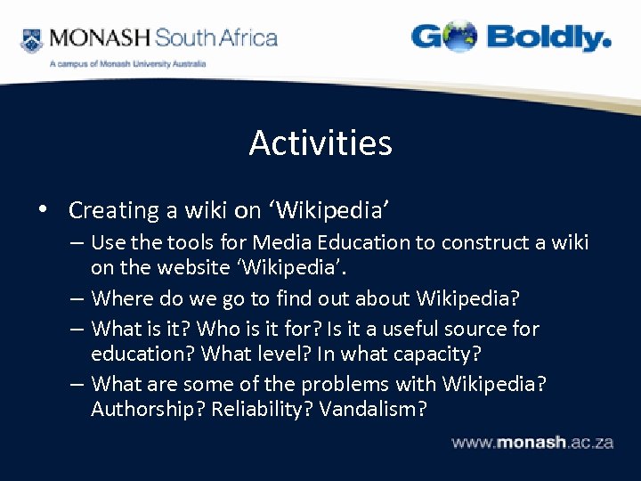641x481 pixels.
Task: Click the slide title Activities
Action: (320, 143)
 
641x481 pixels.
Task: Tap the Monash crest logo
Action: (32, 40)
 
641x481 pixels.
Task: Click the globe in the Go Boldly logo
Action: (458, 37)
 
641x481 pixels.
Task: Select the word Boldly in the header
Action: (548, 38)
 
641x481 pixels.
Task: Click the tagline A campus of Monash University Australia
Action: (127, 64)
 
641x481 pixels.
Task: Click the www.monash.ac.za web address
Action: (531, 442)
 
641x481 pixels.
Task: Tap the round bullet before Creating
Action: (42, 210)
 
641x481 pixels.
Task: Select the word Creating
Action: (113, 210)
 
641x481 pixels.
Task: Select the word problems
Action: (344, 384)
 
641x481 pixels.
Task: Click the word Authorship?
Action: (148, 409)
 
